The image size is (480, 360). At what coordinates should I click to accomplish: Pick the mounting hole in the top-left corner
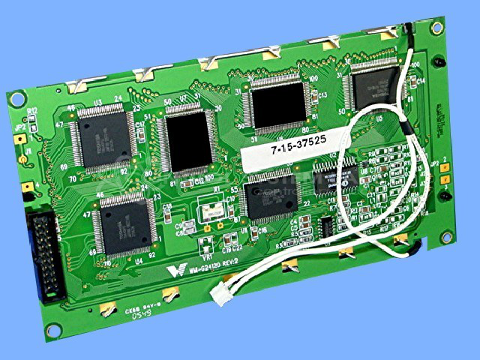coord(16,97)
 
